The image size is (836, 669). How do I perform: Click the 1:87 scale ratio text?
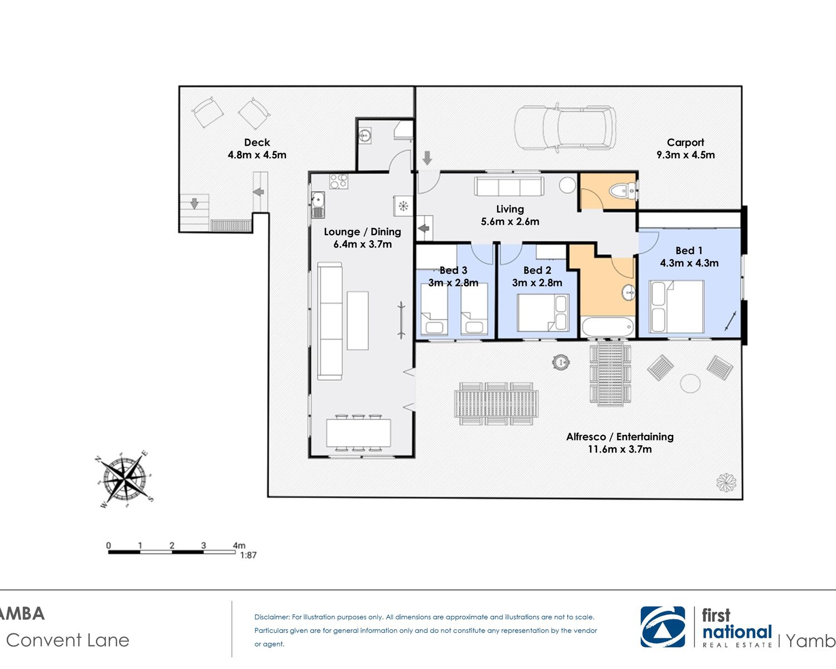tap(248, 555)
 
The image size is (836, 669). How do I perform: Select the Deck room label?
tap(257, 142)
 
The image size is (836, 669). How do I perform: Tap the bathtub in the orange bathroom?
tap(607, 327)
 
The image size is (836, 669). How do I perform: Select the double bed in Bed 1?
tap(677, 307)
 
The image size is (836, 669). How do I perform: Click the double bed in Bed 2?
tap(543, 313)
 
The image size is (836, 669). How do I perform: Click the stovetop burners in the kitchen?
tap(339, 181)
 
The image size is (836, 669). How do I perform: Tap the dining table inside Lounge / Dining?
tap(358, 433)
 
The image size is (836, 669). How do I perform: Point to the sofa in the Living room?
tap(508, 186)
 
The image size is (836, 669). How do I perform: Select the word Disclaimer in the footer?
tap(272, 617)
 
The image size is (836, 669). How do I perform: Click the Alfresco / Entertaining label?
tap(620, 437)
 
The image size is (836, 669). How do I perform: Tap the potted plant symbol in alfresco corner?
tap(726, 482)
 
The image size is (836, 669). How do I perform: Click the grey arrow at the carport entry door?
tap(427, 158)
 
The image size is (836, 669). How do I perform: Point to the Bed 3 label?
tap(453, 270)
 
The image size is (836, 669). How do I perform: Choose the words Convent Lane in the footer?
tap(67, 640)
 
